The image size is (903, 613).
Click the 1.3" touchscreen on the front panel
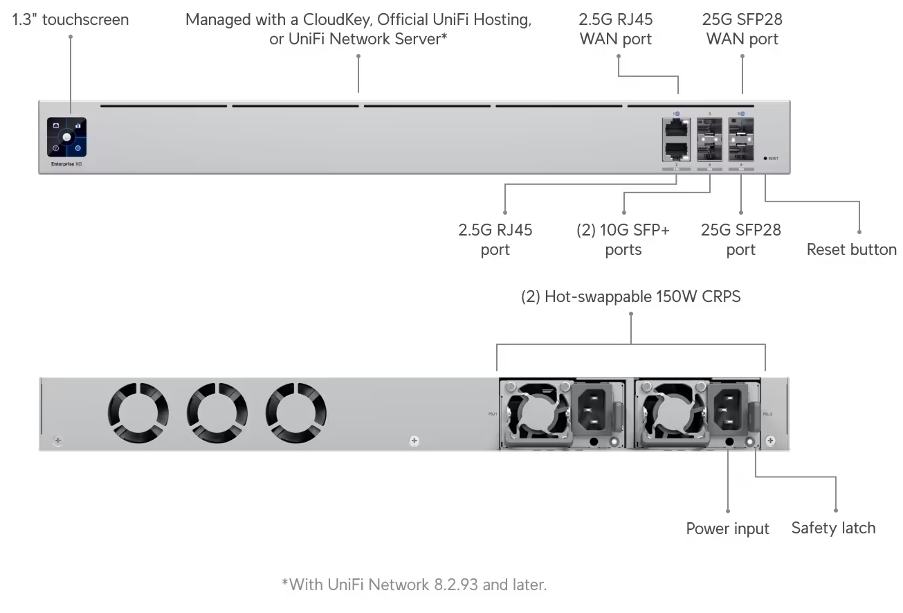click(66, 137)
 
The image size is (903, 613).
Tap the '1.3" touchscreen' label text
click(71, 19)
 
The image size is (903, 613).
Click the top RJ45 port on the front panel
click(675, 127)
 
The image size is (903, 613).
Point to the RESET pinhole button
click(765, 158)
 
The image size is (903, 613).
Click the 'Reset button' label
click(851, 249)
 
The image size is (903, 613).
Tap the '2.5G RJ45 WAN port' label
click(615, 29)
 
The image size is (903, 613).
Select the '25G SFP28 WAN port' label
click(742, 29)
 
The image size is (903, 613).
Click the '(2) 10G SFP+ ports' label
click(623, 240)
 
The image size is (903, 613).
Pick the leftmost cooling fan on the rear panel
click(138, 414)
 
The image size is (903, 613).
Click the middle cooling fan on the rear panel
click(217, 414)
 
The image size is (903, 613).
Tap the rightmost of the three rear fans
click(297, 414)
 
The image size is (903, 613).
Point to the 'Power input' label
click(727, 528)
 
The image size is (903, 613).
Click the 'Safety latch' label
click(833, 528)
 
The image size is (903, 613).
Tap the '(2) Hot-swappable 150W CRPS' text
click(630, 297)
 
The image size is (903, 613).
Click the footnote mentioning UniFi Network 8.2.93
click(414, 585)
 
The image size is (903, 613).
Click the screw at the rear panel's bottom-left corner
click(57, 441)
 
